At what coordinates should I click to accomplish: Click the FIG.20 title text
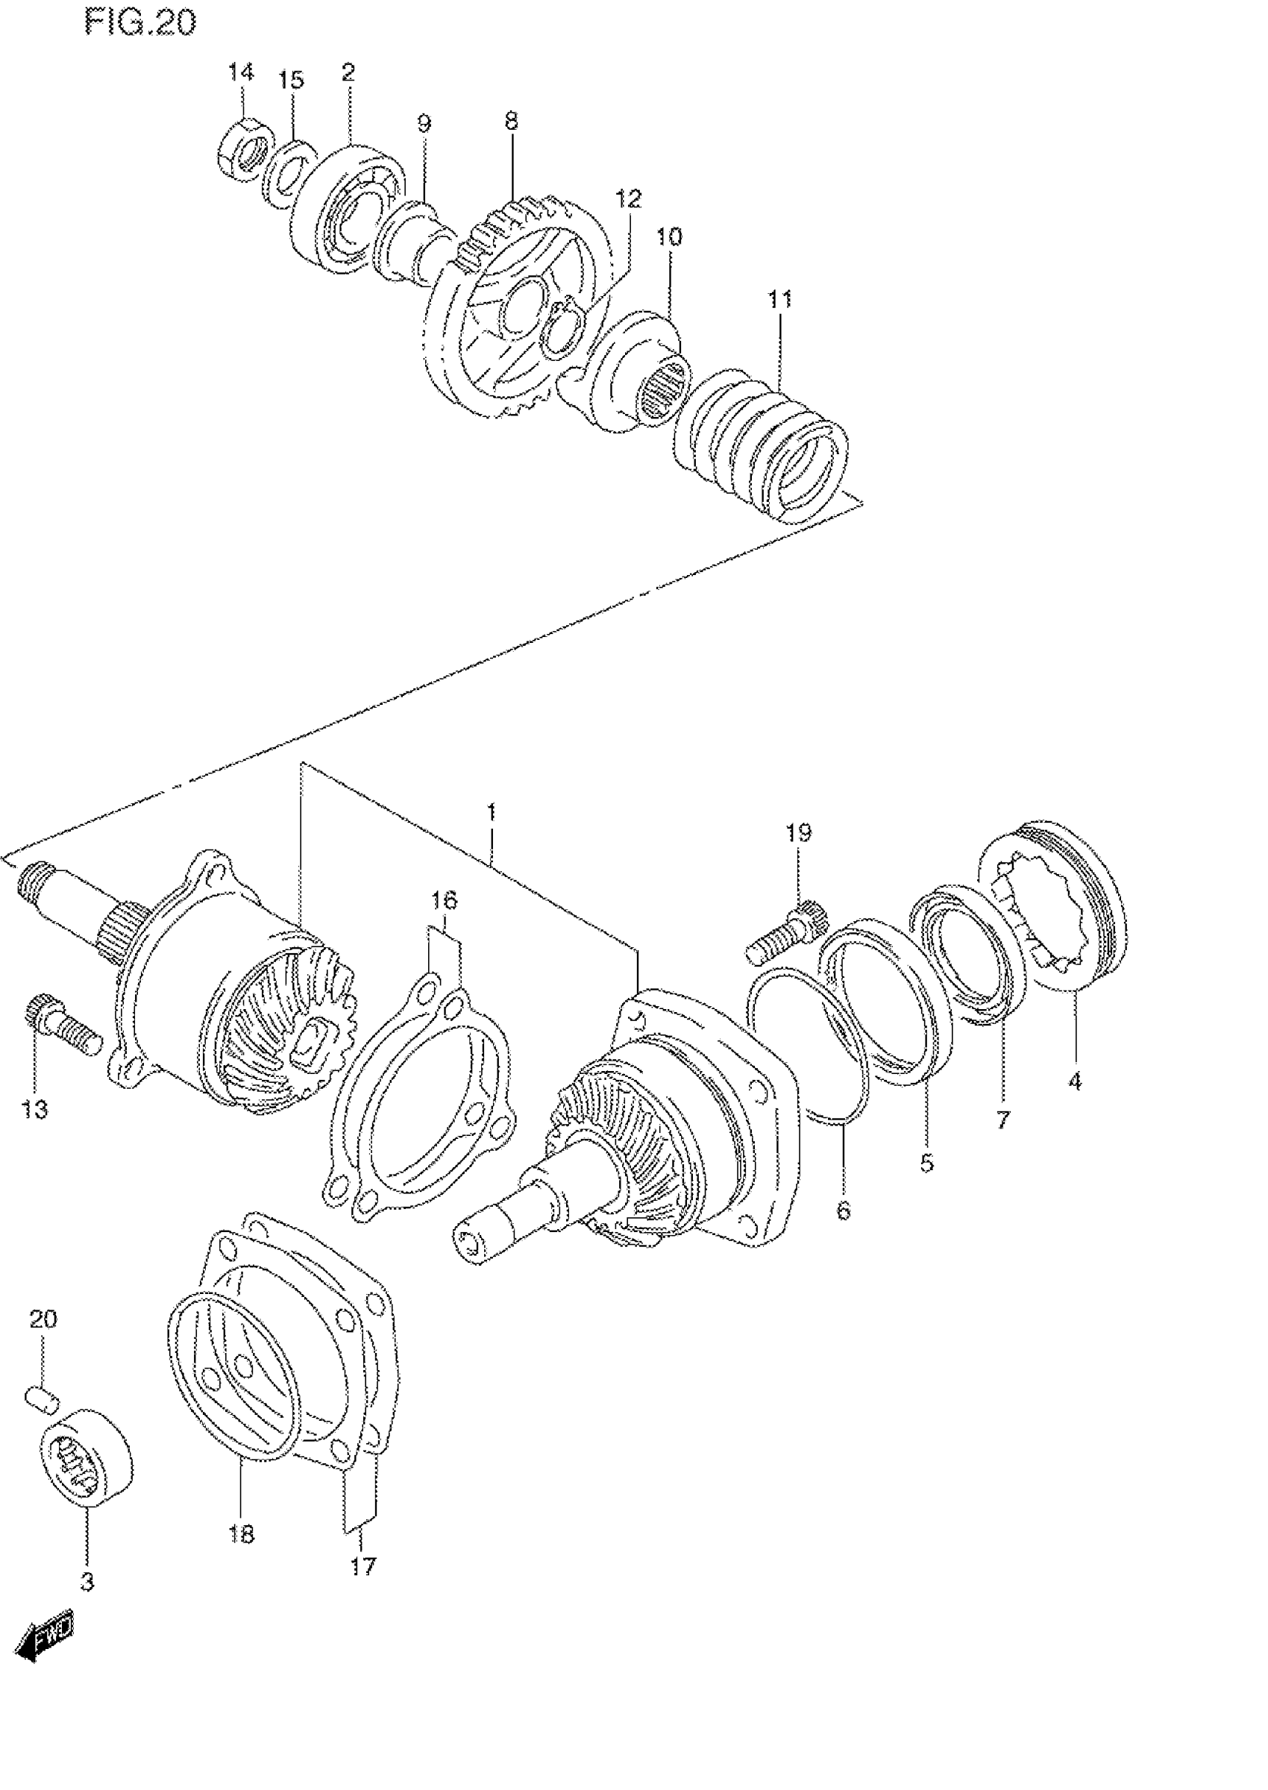click(140, 23)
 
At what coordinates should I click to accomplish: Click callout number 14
click(240, 72)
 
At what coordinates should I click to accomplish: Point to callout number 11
click(779, 299)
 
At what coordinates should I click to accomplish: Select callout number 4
click(1074, 1081)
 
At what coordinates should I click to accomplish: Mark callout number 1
click(491, 813)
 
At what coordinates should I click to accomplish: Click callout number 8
click(511, 121)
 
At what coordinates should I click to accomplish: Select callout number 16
click(445, 900)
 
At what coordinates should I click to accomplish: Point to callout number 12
click(629, 199)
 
